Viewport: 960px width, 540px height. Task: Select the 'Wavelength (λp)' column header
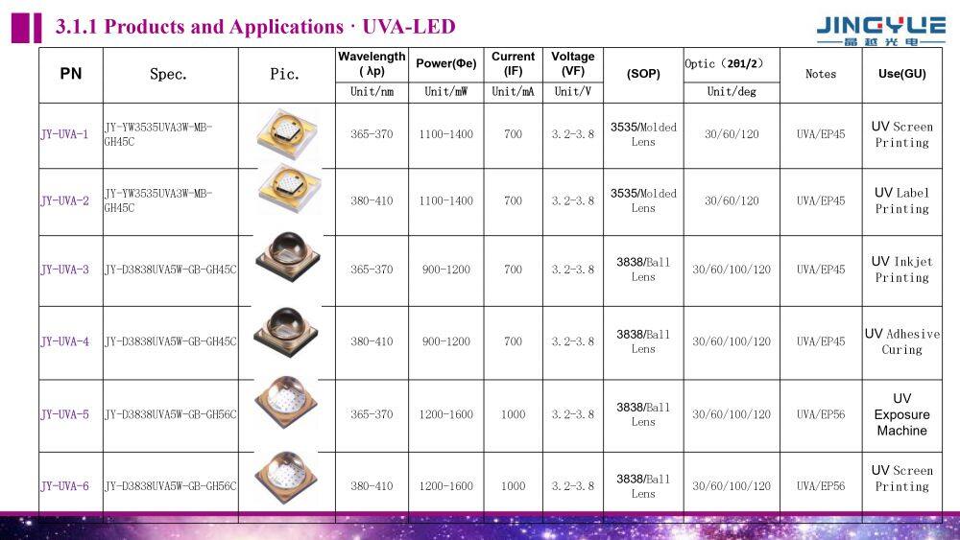(372, 63)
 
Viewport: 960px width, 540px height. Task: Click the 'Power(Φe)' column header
(446, 63)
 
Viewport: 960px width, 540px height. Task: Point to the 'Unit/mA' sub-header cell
(514, 92)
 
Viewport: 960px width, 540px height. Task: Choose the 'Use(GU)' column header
(901, 73)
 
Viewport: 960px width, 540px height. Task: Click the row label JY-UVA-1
(64, 134)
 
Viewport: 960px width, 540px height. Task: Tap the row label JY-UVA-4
(64, 341)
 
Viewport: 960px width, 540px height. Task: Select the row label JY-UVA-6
(64, 486)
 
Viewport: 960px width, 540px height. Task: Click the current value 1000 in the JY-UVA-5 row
(514, 414)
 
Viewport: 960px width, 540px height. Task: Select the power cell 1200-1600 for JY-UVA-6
(446, 486)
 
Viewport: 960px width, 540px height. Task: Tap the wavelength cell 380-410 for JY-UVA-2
(372, 201)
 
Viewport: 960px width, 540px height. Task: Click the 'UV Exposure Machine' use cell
(901, 414)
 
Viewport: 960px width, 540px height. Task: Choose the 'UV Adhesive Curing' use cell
(901, 341)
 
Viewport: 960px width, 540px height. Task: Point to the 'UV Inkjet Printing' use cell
(901, 270)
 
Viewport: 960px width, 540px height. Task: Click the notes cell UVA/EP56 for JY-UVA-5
(821, 414)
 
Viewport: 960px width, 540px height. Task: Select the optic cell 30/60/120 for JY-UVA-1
(732, 134)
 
